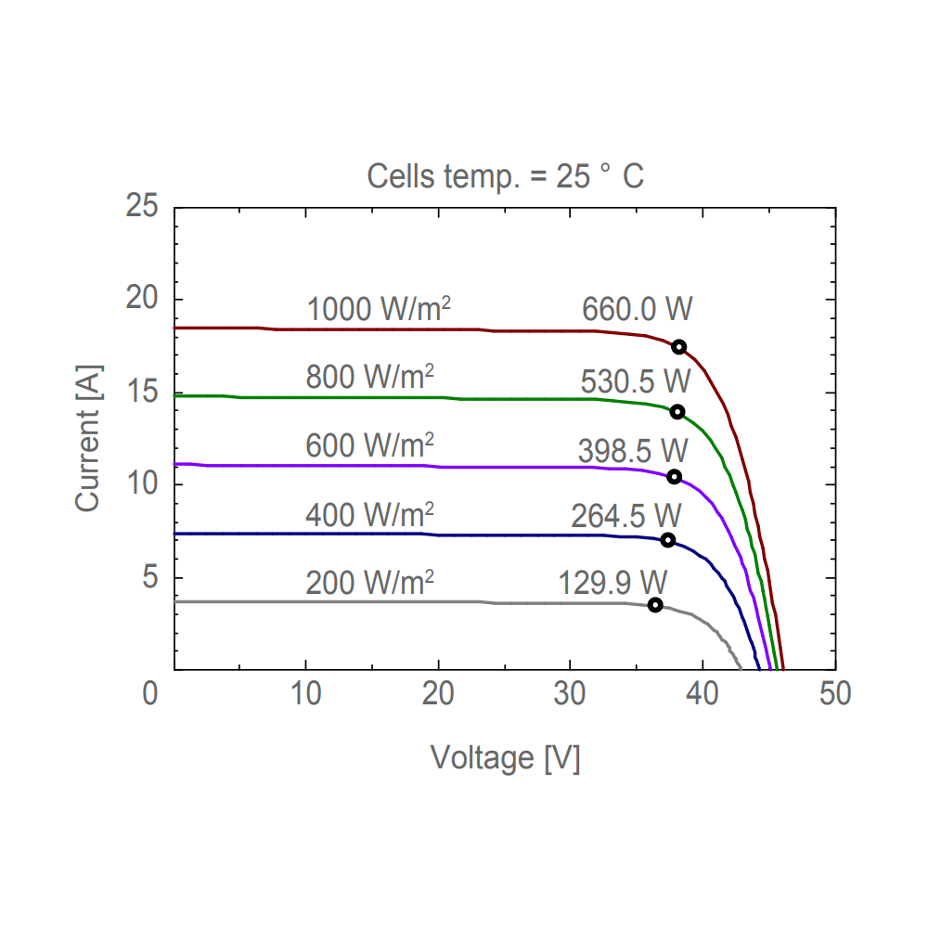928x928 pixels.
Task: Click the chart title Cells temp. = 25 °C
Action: click(505, 176)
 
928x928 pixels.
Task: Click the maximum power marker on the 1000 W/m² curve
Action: click(679, 347)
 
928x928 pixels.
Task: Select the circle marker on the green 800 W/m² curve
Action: click(677, 412)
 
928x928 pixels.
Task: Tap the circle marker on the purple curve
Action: click(675, 477)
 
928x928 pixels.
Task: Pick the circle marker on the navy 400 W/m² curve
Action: click(668, 541)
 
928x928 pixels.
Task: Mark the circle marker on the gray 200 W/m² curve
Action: click(655, 605)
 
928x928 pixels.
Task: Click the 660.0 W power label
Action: click(638, 309)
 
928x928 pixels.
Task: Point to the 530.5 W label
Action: click(636, 380)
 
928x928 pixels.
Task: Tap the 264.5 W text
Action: click(626, 516)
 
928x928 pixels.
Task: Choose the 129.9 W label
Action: click(612, 583)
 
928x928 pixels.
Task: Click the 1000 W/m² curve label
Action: click(379, 309)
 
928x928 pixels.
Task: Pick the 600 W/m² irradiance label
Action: click(370, 445)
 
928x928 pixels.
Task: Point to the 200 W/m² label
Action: click(370, 583)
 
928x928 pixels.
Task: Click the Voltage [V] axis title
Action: click(505, 758)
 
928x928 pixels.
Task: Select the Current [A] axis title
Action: click(87, 439)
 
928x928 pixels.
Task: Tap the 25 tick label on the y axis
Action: click(142, 206)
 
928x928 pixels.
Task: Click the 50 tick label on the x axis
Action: click(835, 694)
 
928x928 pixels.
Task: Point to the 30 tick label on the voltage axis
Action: click(571, 694)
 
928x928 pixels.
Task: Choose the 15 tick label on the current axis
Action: click(142, 392)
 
